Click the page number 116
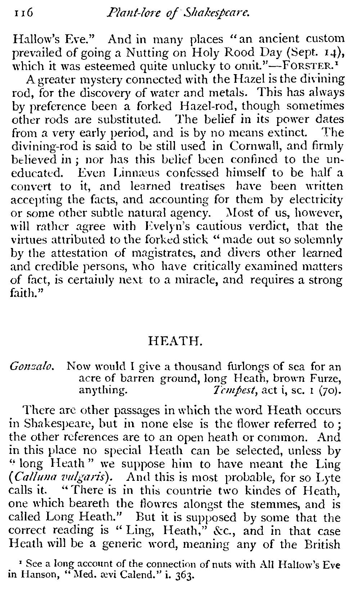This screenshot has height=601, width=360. pos(23,13)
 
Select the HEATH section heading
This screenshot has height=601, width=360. pos(176,340)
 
